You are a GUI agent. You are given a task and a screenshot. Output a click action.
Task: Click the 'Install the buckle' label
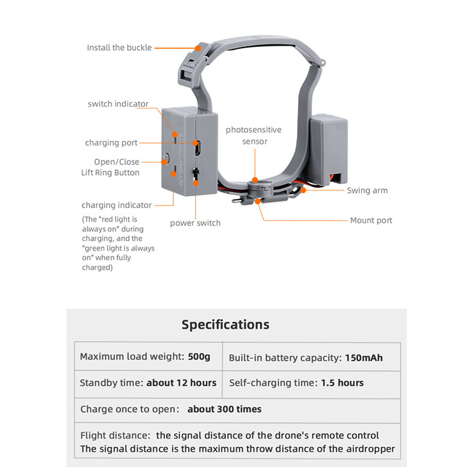pyautogui.click(x=119, y=48)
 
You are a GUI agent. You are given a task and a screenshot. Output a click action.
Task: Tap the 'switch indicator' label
pyautogui.click(x=118, y=104)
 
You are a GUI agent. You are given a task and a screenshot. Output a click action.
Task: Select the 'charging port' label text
pyautogui.click(x=111, y=143)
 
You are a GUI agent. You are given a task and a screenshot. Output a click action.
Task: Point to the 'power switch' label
pyautogui.click(x=195, y=223)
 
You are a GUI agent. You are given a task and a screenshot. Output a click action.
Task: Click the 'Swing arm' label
pyautogui.click(x=367, y=190)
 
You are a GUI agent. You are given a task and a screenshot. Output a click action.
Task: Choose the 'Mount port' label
pyautogui.click(x=371, y=220)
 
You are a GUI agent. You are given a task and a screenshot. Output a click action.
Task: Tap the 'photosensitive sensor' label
pyautogui.click(x=253, y=135)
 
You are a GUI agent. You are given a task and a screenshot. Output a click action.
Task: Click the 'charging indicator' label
pyautogui.click(x=116, y=205)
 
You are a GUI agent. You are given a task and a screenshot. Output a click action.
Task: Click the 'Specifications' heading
pyautogui.click(x=225, y=324)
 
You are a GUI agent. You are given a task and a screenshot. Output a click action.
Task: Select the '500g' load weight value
pyautogui.click(x=199, y=357)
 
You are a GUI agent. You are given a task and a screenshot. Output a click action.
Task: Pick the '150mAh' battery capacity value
pyautogui.click(x=364, y=357)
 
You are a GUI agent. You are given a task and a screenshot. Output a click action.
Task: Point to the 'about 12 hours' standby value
pyautogui.click(x=182, y=383)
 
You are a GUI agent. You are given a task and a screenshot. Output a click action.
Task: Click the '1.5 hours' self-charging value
pyautogui.click(x=342, y=383)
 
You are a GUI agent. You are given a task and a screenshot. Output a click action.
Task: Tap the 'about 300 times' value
pyautogui.click(x=224, y=409)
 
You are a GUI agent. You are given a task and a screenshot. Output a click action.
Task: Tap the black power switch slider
pyautogui.click(x=196, y=173)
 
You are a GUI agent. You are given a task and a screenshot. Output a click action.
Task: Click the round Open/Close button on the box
pyautogui.click(x=167, y=157)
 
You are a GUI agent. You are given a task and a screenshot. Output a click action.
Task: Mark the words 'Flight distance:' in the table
pyautogui.click(x=116, y=435)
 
